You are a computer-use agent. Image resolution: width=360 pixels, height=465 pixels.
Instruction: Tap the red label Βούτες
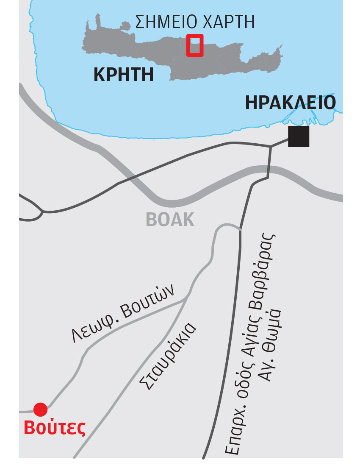coord(55,427)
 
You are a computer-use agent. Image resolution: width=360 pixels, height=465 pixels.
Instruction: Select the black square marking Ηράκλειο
coord(299,136)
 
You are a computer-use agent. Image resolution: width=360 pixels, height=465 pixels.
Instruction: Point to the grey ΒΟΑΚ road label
coord(170,220)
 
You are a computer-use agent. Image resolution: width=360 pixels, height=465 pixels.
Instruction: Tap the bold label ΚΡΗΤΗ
coord(123,75)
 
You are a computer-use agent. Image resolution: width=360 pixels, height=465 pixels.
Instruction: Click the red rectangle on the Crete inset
coord(195,45)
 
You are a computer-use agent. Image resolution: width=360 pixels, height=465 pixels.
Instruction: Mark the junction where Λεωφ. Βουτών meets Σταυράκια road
coord(187,298)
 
